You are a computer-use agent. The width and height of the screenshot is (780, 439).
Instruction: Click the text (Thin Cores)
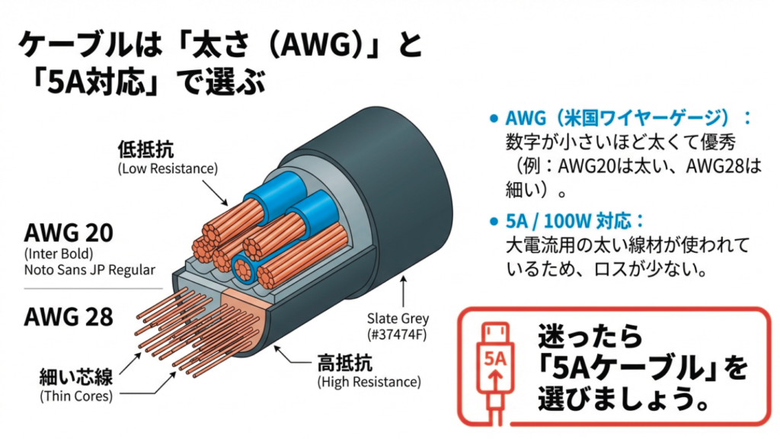pyautogui.click(x=76, y=396)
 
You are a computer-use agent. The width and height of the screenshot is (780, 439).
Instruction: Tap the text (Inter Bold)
pyautogui.click(x=56, y=252)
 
